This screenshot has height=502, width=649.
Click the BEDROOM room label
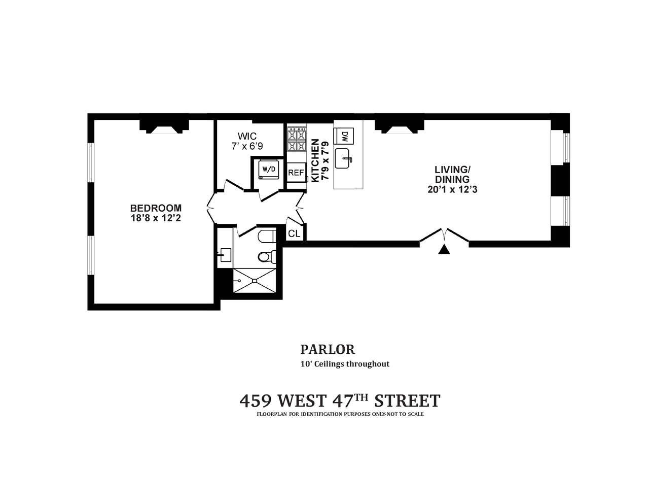156,208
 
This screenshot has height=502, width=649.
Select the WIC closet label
247,136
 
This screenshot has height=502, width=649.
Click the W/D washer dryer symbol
268,169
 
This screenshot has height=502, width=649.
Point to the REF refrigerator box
296,173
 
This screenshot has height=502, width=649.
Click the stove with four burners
297,139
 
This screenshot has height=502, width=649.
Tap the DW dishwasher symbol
344,136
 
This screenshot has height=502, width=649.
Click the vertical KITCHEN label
315,160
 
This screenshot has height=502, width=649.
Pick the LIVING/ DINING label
451,175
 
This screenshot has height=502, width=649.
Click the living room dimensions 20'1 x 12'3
452,190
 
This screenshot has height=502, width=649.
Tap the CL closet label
294,233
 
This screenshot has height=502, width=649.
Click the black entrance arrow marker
444,249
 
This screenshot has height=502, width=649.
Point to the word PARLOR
327,349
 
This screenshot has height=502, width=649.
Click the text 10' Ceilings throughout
345,364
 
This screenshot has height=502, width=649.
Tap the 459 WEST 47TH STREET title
339,400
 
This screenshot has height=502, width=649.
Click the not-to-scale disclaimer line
340,414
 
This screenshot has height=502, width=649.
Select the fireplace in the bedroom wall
164,127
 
